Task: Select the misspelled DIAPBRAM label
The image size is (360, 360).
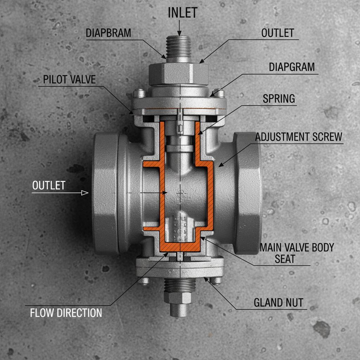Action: point(108,33)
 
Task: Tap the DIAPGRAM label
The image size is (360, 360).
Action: point(292,67)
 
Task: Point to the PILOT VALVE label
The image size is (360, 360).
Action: point(69,79)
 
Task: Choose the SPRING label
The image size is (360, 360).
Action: point(279,98)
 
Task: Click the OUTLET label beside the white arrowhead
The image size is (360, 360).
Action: point(49,185)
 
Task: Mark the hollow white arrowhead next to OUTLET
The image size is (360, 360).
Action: point(84,193)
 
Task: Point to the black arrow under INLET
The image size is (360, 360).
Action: point(180,28)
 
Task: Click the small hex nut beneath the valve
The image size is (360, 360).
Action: point(180,298)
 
